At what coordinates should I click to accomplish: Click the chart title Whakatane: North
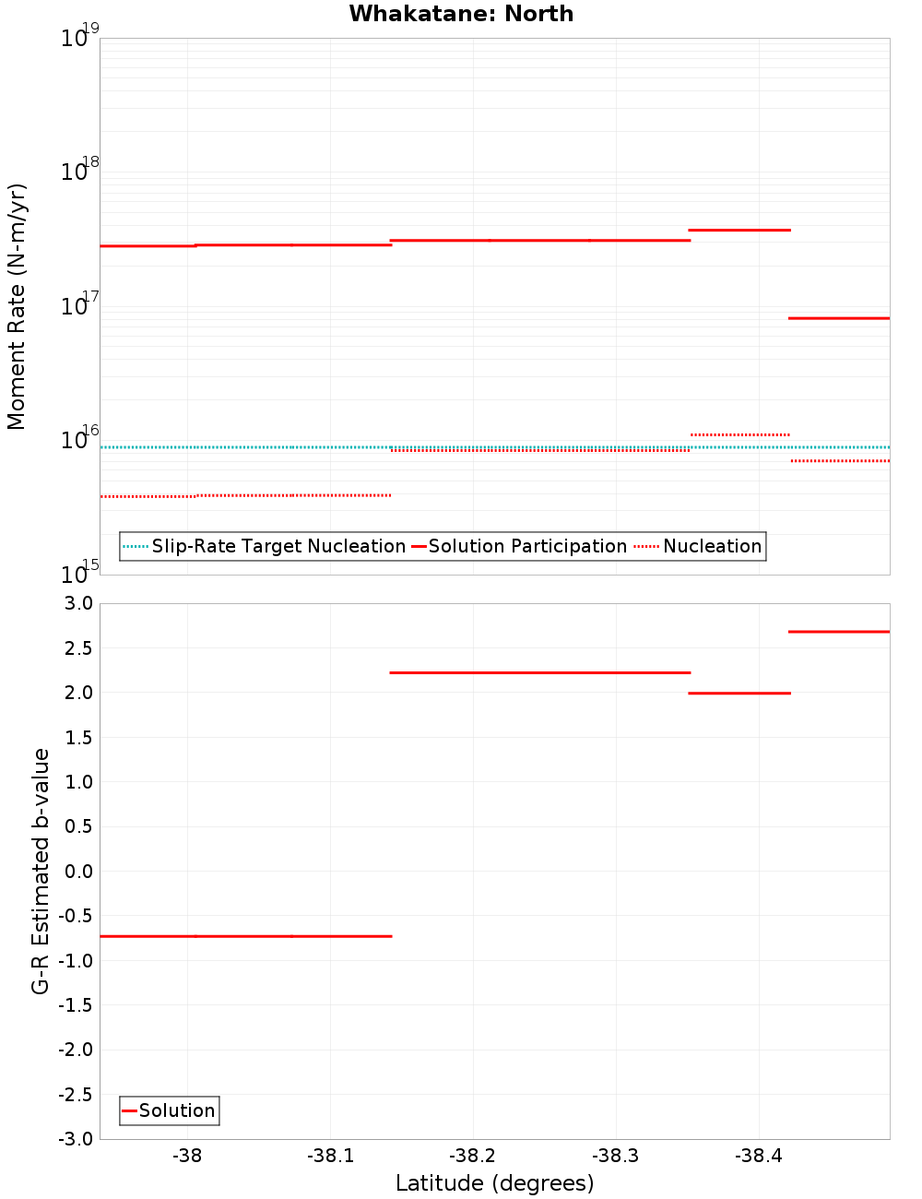pyautogui.click(x=461, y=14)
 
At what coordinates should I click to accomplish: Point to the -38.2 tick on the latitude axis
pyautogui.click(x=473, y=1156)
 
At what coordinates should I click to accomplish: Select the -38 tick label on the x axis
pyautogui.click(x=187, y=1156)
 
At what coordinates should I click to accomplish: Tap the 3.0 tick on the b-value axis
pyautogui.click(x=77, y=603)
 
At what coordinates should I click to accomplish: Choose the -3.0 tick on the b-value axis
pyautogui.click(x=76, y=1139)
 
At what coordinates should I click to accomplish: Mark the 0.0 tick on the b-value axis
pyautogui.click(x=77, y=871)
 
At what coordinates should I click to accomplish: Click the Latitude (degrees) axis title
pyautogui.click(x=494, y=1183)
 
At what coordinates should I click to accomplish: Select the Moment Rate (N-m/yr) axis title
pyautogui.click(x=17, y=306)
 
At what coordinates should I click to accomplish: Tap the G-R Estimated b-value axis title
pyautogui.click(x=41, y=871)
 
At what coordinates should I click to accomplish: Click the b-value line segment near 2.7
pyautogui.click(x=839, y=632)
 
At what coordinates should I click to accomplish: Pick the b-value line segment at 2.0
pyautogui.click(x=739, y=693)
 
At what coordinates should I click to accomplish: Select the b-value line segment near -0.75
pyautogui.click(x=245, y=936)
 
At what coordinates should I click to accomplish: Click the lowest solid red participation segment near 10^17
pyautogui.click(x=839, y=318)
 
